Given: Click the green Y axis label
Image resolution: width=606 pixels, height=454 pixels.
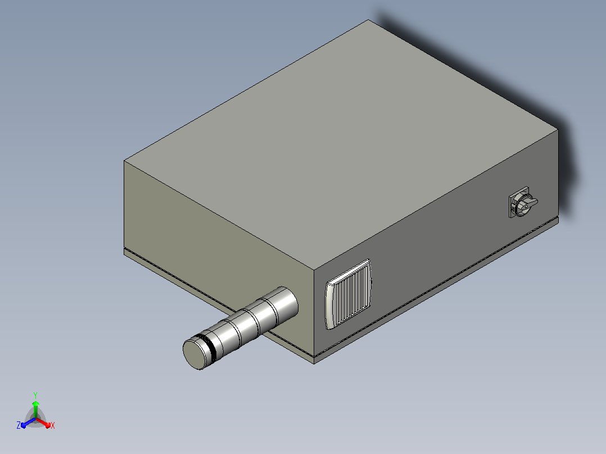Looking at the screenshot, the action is [x=35, y=395].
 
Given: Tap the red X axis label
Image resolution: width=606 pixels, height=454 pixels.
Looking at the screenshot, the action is [x=53, y=425].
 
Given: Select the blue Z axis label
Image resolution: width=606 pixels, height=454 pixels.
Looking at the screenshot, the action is [x=19, y=425].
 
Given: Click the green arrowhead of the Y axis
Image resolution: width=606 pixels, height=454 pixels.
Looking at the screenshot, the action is [x=35, y=403].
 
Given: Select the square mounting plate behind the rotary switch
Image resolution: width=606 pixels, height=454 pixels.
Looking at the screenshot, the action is [x=519, y=202].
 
